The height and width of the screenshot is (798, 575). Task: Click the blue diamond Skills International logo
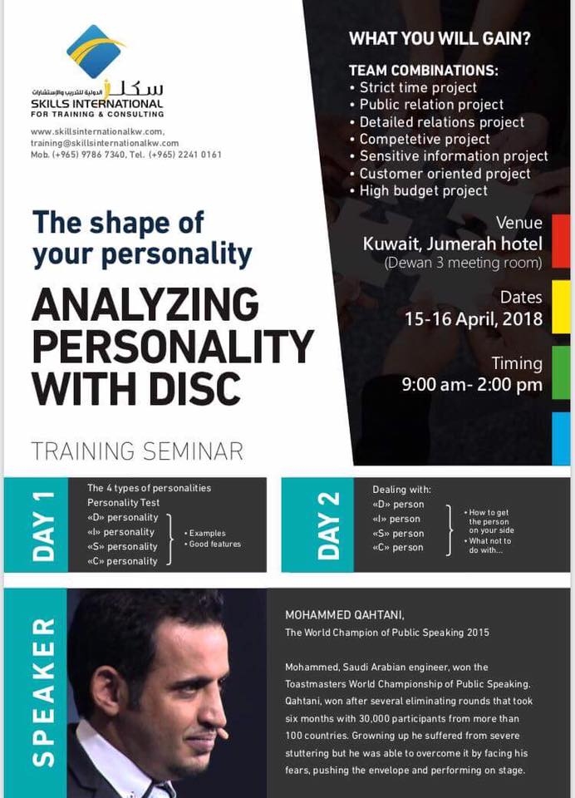96,51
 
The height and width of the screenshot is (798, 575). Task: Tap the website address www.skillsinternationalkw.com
97,131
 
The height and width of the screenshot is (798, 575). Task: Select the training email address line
105,143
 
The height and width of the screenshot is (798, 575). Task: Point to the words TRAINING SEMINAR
137,451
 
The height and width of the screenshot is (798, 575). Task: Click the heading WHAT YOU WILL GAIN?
440,38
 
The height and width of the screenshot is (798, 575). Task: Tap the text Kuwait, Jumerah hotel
452,244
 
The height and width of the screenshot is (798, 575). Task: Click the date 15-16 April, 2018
474,319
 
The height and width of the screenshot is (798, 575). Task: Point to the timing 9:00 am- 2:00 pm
472,384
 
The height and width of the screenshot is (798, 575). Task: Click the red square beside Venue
561,241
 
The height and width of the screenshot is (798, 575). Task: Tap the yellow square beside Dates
561,307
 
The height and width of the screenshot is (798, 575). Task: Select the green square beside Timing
561,372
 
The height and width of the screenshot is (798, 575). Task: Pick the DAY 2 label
329,526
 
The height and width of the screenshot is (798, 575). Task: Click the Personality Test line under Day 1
123,502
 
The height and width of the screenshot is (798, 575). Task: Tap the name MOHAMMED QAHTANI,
345,615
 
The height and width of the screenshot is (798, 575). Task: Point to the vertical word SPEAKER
43,692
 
